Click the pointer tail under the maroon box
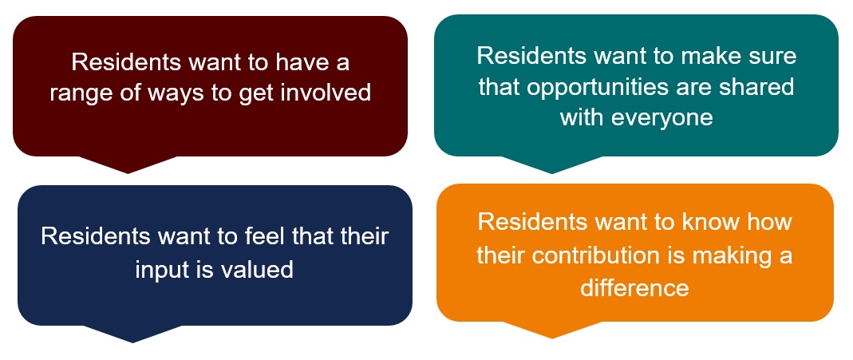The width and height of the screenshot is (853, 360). coord(128,164)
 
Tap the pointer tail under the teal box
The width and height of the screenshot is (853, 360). coord(552,164)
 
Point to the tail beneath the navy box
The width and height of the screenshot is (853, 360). coord(132,334)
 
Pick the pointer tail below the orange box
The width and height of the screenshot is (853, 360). coord(552,330)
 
